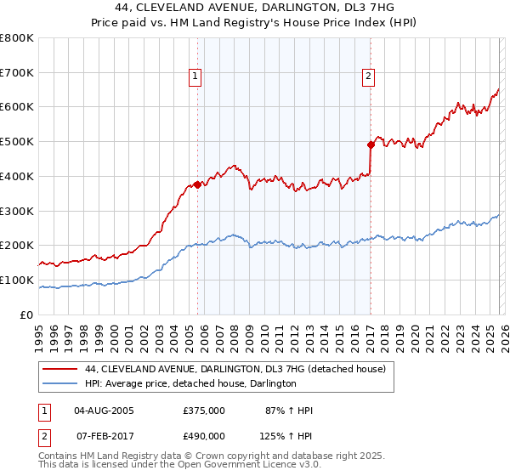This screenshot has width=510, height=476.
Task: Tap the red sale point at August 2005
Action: [197, 184]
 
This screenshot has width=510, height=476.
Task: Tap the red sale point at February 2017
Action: [371, 144]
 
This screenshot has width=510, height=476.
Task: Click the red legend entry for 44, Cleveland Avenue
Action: [235, 369]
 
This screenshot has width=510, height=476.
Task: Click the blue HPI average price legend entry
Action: [190, 383]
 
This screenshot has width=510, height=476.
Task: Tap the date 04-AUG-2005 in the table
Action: [104, 411]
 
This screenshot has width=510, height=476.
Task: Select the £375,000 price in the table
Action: [204, 411]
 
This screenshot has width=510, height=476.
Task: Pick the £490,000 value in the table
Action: [204, 435]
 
